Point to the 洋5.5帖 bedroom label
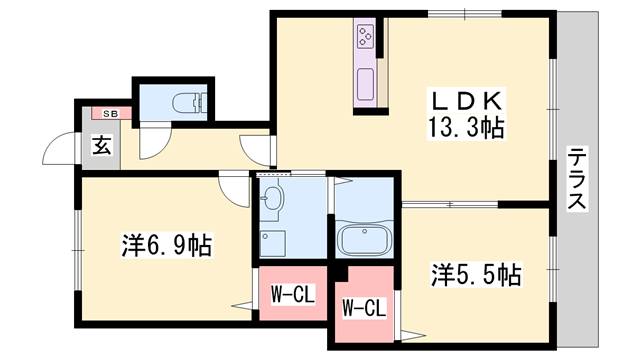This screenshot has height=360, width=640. [x=477, y=274]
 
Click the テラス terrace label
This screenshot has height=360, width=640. [x=577, y=180]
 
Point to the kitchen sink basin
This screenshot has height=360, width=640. [x=364, y=82]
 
